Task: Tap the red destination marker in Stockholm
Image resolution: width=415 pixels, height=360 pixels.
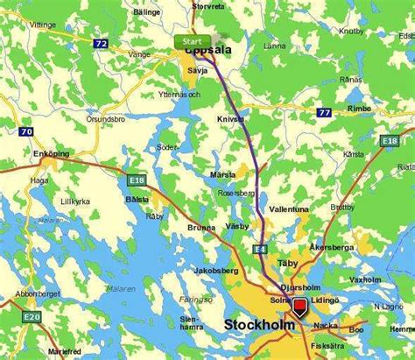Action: click(299, 307)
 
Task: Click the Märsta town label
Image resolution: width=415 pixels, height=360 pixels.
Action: click(224, 174)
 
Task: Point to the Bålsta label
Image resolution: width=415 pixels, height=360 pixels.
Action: click(137, 199)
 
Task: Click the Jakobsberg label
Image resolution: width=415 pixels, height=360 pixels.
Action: click(217, 271)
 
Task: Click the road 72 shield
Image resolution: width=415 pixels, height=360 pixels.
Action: click(102, 41)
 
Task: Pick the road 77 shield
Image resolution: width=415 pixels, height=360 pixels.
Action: click(324, 111)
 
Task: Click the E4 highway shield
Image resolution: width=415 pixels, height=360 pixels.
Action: click(260, 250)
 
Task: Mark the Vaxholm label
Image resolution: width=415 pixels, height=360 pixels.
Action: click(363, 279)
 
